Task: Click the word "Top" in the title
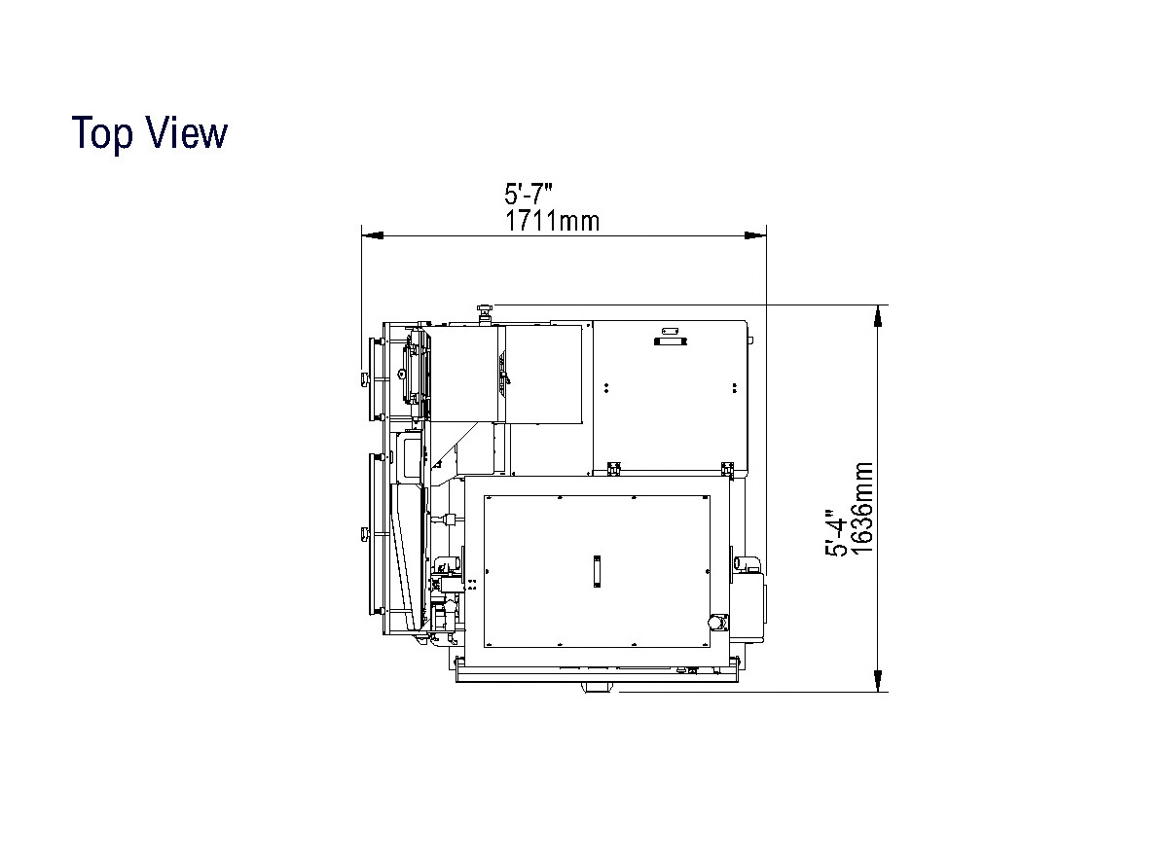(102, 134)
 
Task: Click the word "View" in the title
(186, 132)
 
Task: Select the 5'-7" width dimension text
(528, 194)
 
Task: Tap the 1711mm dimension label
(553, 221)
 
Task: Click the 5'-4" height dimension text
(836, 533)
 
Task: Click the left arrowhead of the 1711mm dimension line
(373, 235)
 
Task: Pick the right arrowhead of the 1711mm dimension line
(755, 235)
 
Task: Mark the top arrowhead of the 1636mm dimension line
(878, 316)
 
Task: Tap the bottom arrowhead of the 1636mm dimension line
(878, 680)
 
